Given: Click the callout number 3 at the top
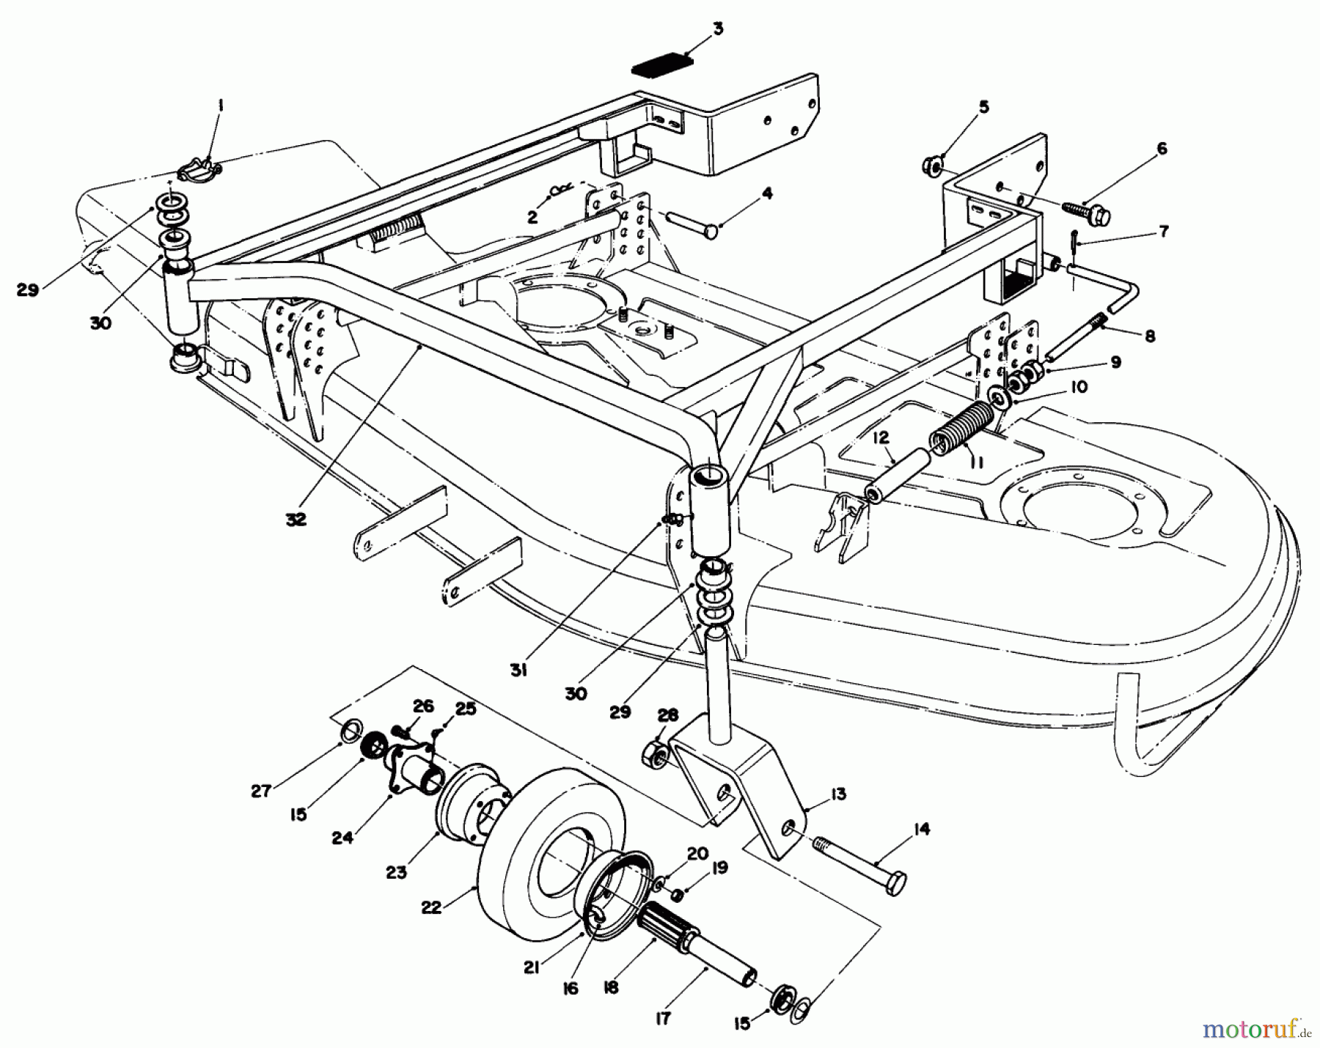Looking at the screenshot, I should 717,29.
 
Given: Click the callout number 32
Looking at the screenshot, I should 297,520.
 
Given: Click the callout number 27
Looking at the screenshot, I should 262,791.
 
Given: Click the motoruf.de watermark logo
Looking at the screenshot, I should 1276,1033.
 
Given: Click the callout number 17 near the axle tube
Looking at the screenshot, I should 663,1018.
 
